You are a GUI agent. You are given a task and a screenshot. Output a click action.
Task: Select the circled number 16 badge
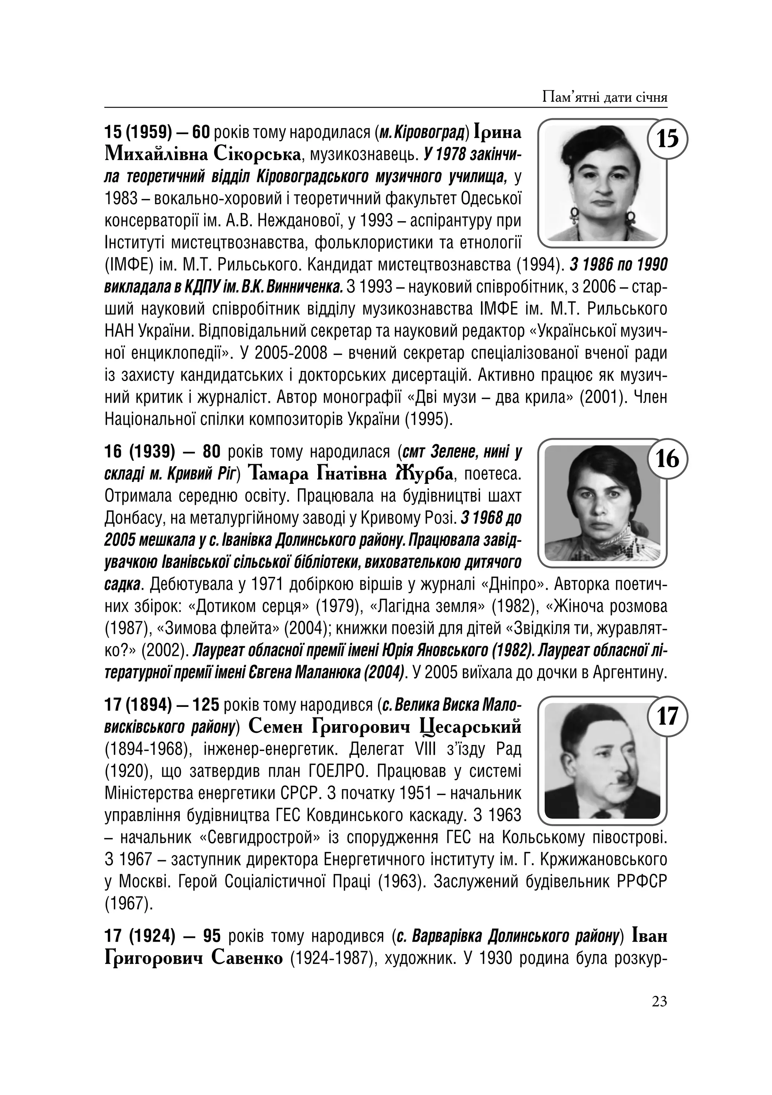click(667, 459)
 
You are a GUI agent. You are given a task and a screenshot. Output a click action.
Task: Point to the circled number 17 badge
click(667, 716)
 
